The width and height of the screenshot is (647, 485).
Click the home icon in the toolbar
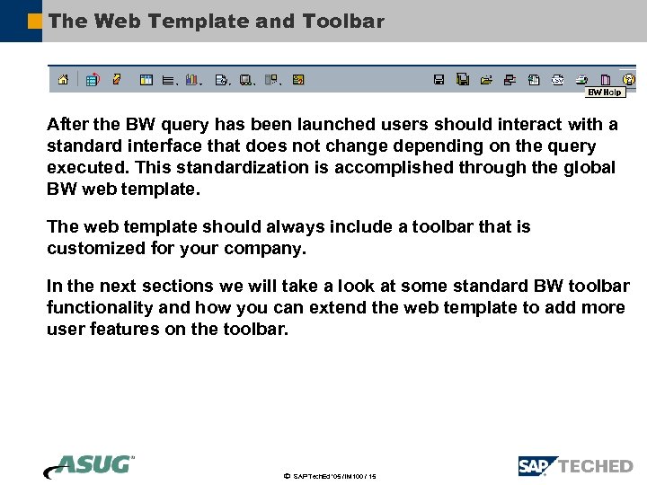[63, 79]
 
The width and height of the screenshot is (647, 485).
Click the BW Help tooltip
[605, 93]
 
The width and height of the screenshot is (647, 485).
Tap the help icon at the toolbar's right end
[629, 79]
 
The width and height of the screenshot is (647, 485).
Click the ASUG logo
[89, 466]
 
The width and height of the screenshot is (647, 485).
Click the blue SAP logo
[537, 466]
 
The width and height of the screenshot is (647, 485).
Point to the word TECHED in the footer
[596, 466]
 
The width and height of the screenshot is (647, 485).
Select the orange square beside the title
[34, 21]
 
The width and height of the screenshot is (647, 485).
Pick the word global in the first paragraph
[589, 168]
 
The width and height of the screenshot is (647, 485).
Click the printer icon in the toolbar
[581, 79]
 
